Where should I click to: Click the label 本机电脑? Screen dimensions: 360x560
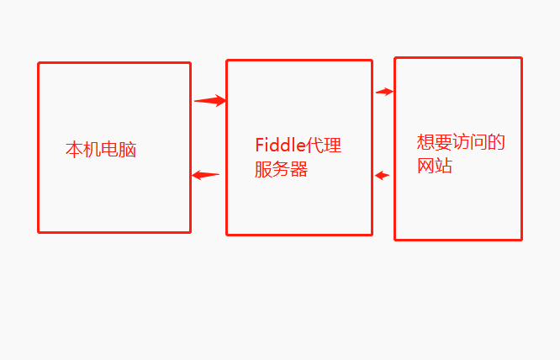coord(101,151)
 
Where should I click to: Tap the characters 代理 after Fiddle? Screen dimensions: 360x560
coord(325,146)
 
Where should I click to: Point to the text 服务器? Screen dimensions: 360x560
coord(281,170)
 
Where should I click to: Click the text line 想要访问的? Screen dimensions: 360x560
coord(461,141)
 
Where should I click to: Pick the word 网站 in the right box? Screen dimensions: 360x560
coord(435,166)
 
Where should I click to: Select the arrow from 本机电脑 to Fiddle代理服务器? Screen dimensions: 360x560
coord(210,101)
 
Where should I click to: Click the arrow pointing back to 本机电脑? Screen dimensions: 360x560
coord(205,175)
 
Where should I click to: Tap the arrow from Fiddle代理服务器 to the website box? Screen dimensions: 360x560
coord(385,91)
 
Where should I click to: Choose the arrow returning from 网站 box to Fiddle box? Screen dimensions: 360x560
coord(383,176)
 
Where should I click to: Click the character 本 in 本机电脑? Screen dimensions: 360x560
coord(74,151)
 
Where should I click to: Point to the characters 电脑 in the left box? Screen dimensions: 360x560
coord(119,151)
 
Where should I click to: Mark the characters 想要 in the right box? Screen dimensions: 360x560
coord(435,141)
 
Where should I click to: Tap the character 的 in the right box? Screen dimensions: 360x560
coord(497,141)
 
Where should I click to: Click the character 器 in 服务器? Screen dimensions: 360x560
coord(299,170)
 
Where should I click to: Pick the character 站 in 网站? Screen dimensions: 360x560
coord(444,166)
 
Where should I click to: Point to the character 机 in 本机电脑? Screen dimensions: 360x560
coord(92,151)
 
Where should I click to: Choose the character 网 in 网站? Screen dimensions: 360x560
coord(425,166)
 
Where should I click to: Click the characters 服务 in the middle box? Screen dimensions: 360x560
coord(272,170)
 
